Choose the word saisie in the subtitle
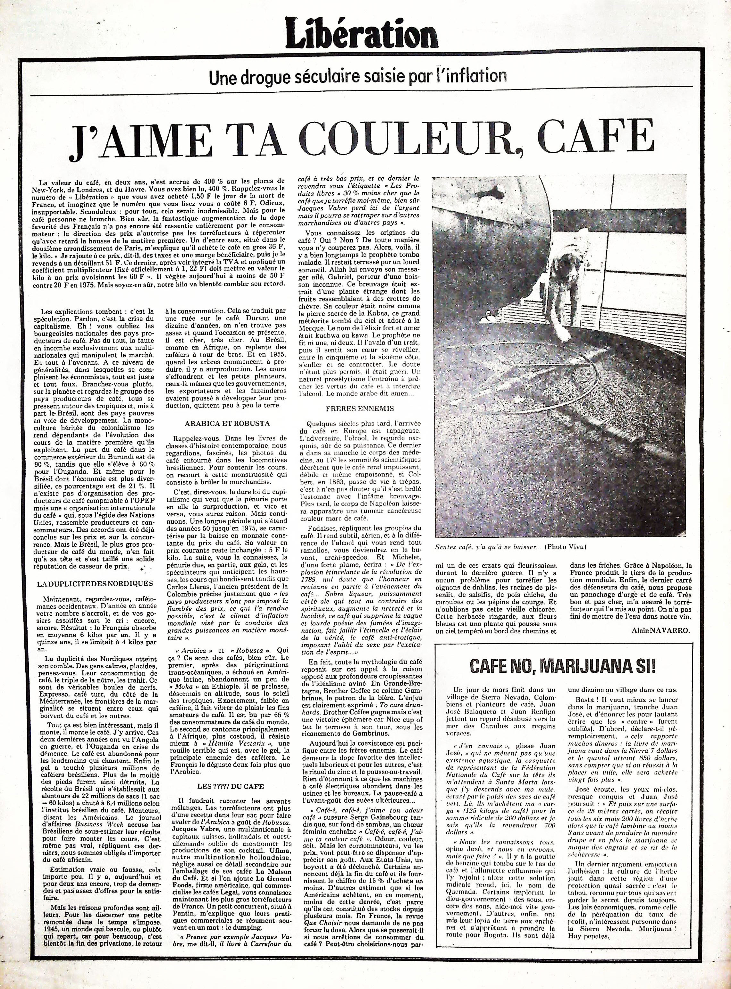tap(395, 77)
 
